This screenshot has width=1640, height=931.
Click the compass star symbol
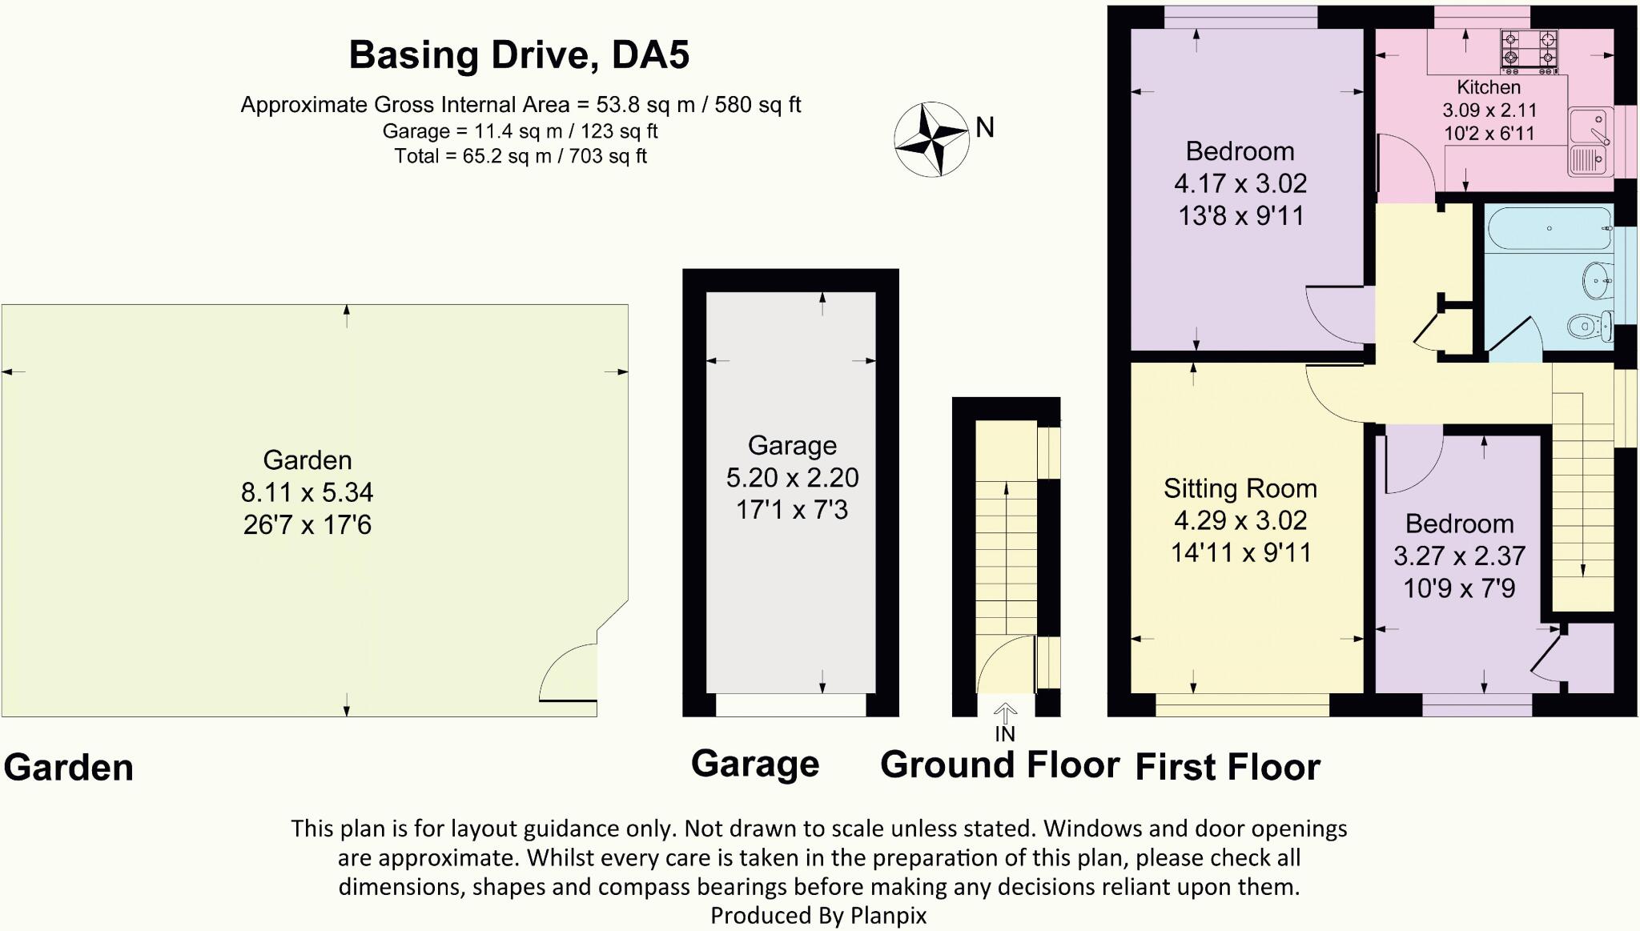(931, 139)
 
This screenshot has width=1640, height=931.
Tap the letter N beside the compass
(985, 127)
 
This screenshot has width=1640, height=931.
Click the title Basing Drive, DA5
(519, 55)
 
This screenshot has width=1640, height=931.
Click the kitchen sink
(1590, 142)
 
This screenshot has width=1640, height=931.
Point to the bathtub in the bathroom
(1549, 229)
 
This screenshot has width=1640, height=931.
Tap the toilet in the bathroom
(1589, 326)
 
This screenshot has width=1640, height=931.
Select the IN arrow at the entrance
(1005, 712)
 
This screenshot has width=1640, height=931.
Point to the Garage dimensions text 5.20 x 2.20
(792, 478)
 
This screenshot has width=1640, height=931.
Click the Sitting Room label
(1240, 488)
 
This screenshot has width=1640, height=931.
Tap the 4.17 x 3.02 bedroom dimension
(1240, 183)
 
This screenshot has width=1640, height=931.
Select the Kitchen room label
(1488, 87)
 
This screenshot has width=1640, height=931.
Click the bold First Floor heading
(1228, 767)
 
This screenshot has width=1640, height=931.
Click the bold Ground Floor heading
(999, 764)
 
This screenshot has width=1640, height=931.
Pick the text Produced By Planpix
(818, 915)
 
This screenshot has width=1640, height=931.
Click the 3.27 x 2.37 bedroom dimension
(1459, 556)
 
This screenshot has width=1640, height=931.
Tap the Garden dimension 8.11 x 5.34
(307, 492)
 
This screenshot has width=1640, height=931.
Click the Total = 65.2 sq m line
(520, 156)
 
